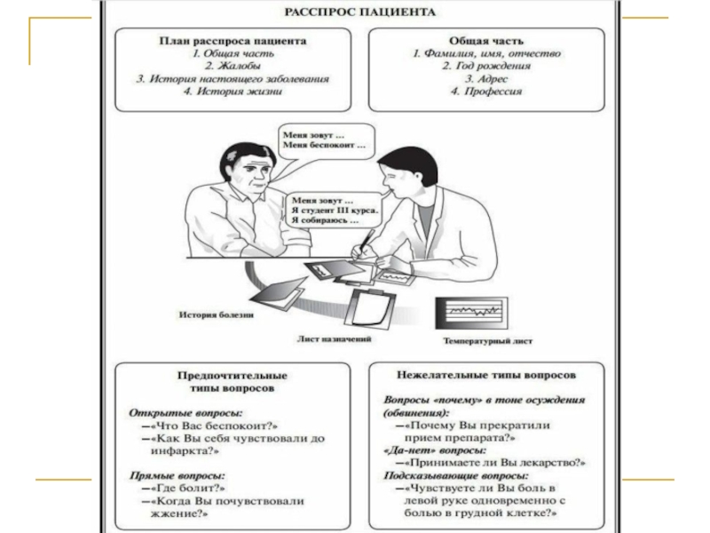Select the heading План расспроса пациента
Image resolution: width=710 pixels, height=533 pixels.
pos(233,41)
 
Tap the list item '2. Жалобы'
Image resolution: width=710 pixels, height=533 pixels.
pos(233,66)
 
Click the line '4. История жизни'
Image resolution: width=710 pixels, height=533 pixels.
pos(233,91)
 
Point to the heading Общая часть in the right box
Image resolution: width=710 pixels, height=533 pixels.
pos(485,41)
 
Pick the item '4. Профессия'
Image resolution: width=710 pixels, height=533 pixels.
pos(485,91)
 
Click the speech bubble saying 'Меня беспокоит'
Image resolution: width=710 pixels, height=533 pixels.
pos(325,140)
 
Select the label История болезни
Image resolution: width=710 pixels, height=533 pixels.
pos(217,315)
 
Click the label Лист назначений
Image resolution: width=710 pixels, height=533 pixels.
pos(334,338)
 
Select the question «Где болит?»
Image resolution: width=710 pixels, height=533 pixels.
pos(187,488)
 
